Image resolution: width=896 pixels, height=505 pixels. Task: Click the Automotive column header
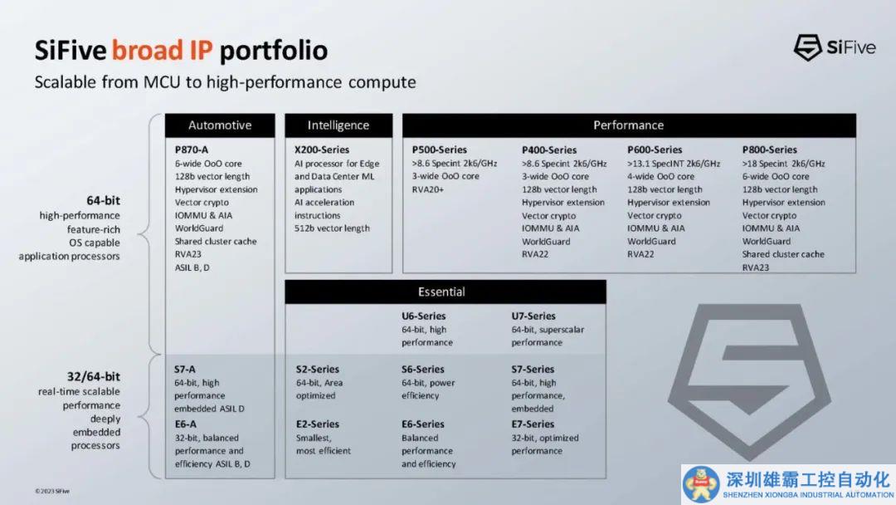(220, 125)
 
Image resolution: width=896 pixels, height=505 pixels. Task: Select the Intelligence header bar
(338, 125)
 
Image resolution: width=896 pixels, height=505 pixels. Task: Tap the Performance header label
(629, 125)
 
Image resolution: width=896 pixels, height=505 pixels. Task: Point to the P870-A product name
(192, 150)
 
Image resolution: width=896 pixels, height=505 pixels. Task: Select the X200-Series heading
(322, 150)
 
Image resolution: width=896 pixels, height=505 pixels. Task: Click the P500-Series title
(440, 150)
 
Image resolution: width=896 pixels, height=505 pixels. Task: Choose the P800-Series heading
(769, 150)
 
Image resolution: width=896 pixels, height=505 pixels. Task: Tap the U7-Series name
(533, 316)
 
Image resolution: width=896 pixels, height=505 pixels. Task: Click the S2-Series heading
(317, 370)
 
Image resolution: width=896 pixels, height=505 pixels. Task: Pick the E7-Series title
(533, 424)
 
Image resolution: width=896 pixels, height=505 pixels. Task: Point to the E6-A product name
(185, 424)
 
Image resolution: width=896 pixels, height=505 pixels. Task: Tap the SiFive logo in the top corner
(835, 47)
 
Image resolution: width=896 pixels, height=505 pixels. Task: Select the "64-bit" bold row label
(104, 200)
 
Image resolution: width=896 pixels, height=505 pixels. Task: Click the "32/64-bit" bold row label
(94, 376)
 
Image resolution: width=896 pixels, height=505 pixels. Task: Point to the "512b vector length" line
(332, 228)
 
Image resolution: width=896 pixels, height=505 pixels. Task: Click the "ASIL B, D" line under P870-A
(192, 267)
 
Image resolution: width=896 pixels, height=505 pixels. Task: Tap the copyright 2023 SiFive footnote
(52, 491)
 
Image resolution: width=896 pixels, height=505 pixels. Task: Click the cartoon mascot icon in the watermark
(701, 484)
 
